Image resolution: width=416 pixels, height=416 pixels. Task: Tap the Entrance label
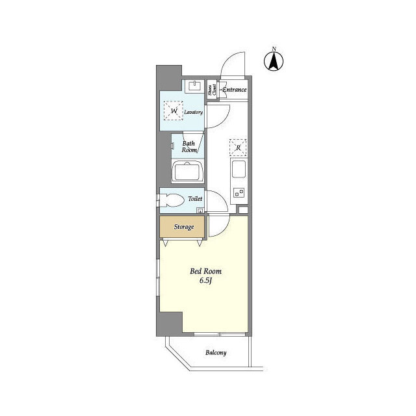point(234,89)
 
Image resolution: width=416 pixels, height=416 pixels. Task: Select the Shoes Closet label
point(212,90)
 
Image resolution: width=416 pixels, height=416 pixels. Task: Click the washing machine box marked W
point(174,112)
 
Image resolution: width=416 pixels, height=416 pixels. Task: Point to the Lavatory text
point(194,112)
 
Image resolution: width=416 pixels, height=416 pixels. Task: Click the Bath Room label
point(189,146)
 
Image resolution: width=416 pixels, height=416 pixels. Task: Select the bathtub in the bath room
point(188,173)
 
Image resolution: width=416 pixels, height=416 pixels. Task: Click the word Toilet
point(195,199)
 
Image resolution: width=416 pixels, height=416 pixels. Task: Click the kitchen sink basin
point(238,171)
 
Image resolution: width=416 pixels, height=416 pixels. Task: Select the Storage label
point(183,227)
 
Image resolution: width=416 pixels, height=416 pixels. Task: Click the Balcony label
point(216,353)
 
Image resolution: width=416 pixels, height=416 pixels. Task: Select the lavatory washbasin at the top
point(194,85)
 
